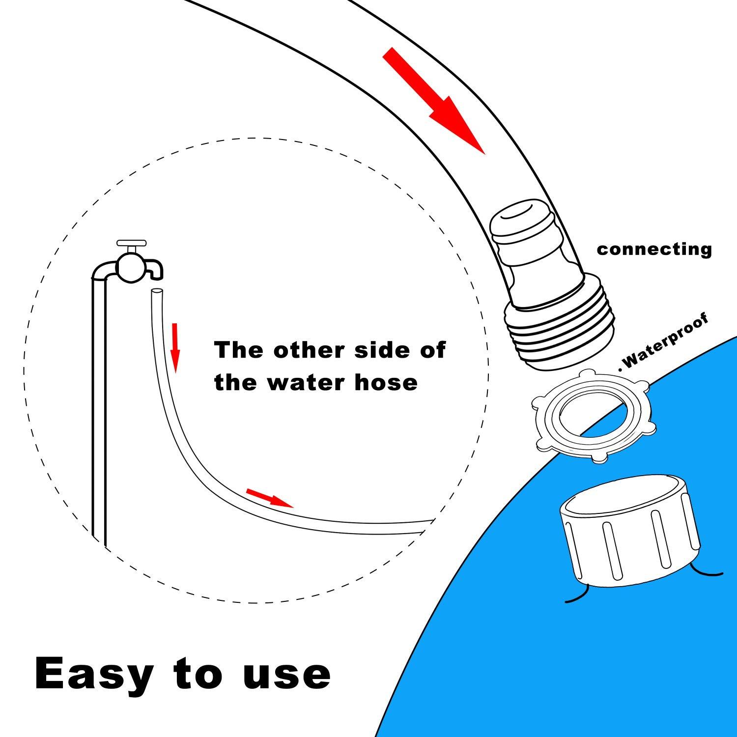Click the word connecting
tap(654, 250)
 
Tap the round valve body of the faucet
tap(131, 268)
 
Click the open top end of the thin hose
tap(156, 291)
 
